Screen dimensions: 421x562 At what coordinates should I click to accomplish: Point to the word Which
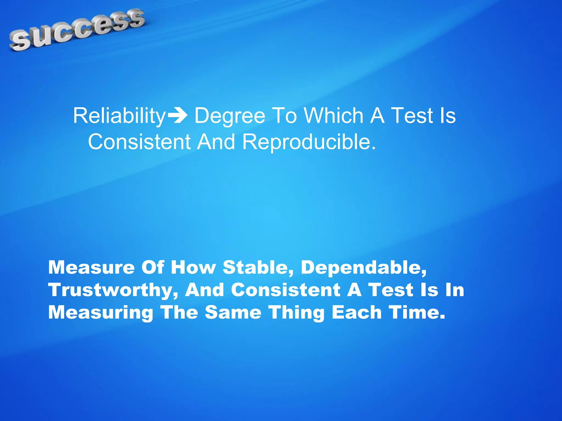[x=334, y=116]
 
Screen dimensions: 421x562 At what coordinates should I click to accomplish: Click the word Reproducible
[x=309, y=142]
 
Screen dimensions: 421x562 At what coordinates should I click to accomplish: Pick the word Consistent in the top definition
[x=139, y=142]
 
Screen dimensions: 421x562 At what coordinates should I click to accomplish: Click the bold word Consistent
[x=285, y=290]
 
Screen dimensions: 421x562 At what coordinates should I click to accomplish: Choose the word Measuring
[x=100, y=313]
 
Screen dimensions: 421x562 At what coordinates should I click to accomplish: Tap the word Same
[x=233, y=312]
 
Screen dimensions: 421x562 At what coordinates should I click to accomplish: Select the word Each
[x=356, y=312]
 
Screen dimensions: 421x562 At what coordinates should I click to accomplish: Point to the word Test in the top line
[x=412, y=116]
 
